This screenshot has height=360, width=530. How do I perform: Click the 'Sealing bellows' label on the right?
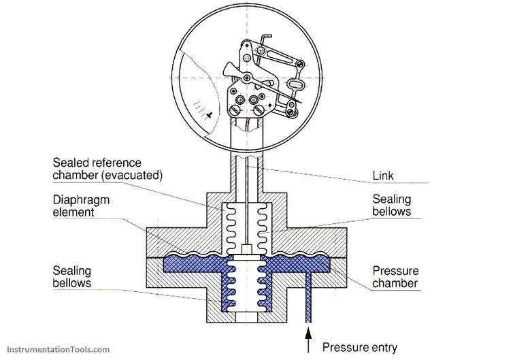[391, 206]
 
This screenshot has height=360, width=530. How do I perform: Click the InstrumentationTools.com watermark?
[56, 350]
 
